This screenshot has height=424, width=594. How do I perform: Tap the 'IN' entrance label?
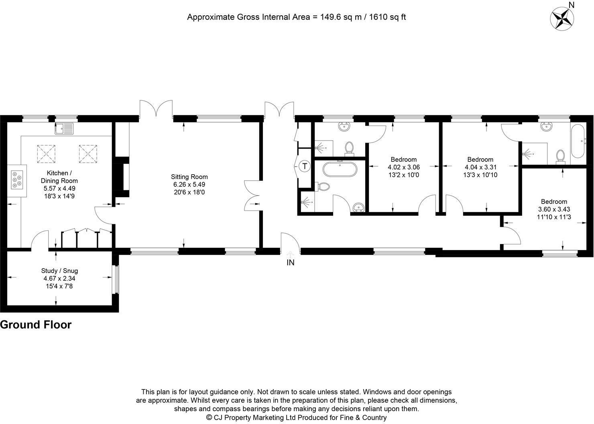[x=290, y=263]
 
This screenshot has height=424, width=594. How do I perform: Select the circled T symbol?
[x=305, y=166]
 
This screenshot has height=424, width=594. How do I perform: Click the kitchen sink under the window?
[x=65, y=128]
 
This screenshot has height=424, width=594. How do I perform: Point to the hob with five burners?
[x=17, y=180]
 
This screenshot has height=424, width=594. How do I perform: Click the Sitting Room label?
[x=189, y=177]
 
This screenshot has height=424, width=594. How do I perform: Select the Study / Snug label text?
[x=59, y=271]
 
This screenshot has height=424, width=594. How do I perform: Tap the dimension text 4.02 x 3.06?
[x=403, y=167]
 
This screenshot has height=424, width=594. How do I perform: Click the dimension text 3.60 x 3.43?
[x=554, y=209]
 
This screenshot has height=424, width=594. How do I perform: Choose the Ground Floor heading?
[x=36, y=325]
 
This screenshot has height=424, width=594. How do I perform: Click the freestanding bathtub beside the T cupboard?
[x=340, y=169]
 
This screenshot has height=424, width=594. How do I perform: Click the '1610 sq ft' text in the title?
[x=387, y=17]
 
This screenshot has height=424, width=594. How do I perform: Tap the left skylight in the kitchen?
[x=45, y=153]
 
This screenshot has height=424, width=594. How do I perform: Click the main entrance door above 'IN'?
[x=290, y=243]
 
